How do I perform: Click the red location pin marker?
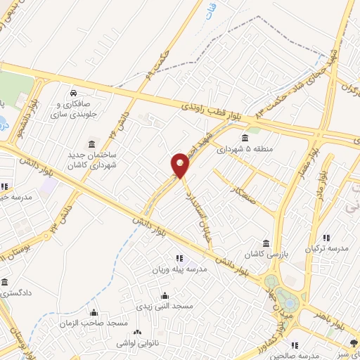tap(181, 166)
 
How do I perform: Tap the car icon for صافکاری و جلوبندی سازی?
tap(73, 94)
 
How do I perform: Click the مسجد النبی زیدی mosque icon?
tap(165, 295)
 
